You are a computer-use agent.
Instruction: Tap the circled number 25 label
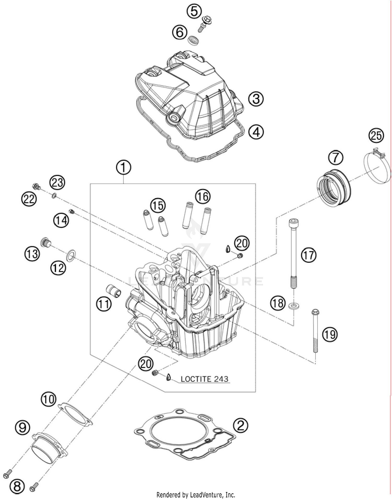point(376,136)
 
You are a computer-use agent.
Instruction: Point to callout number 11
point(103,304)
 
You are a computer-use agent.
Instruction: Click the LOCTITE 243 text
point(205,379)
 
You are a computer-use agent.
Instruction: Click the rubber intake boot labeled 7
point(335,188)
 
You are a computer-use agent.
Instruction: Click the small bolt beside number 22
point(36,187)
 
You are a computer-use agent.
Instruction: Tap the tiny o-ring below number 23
point(54,195)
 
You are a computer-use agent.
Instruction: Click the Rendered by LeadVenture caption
point(196,495)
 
